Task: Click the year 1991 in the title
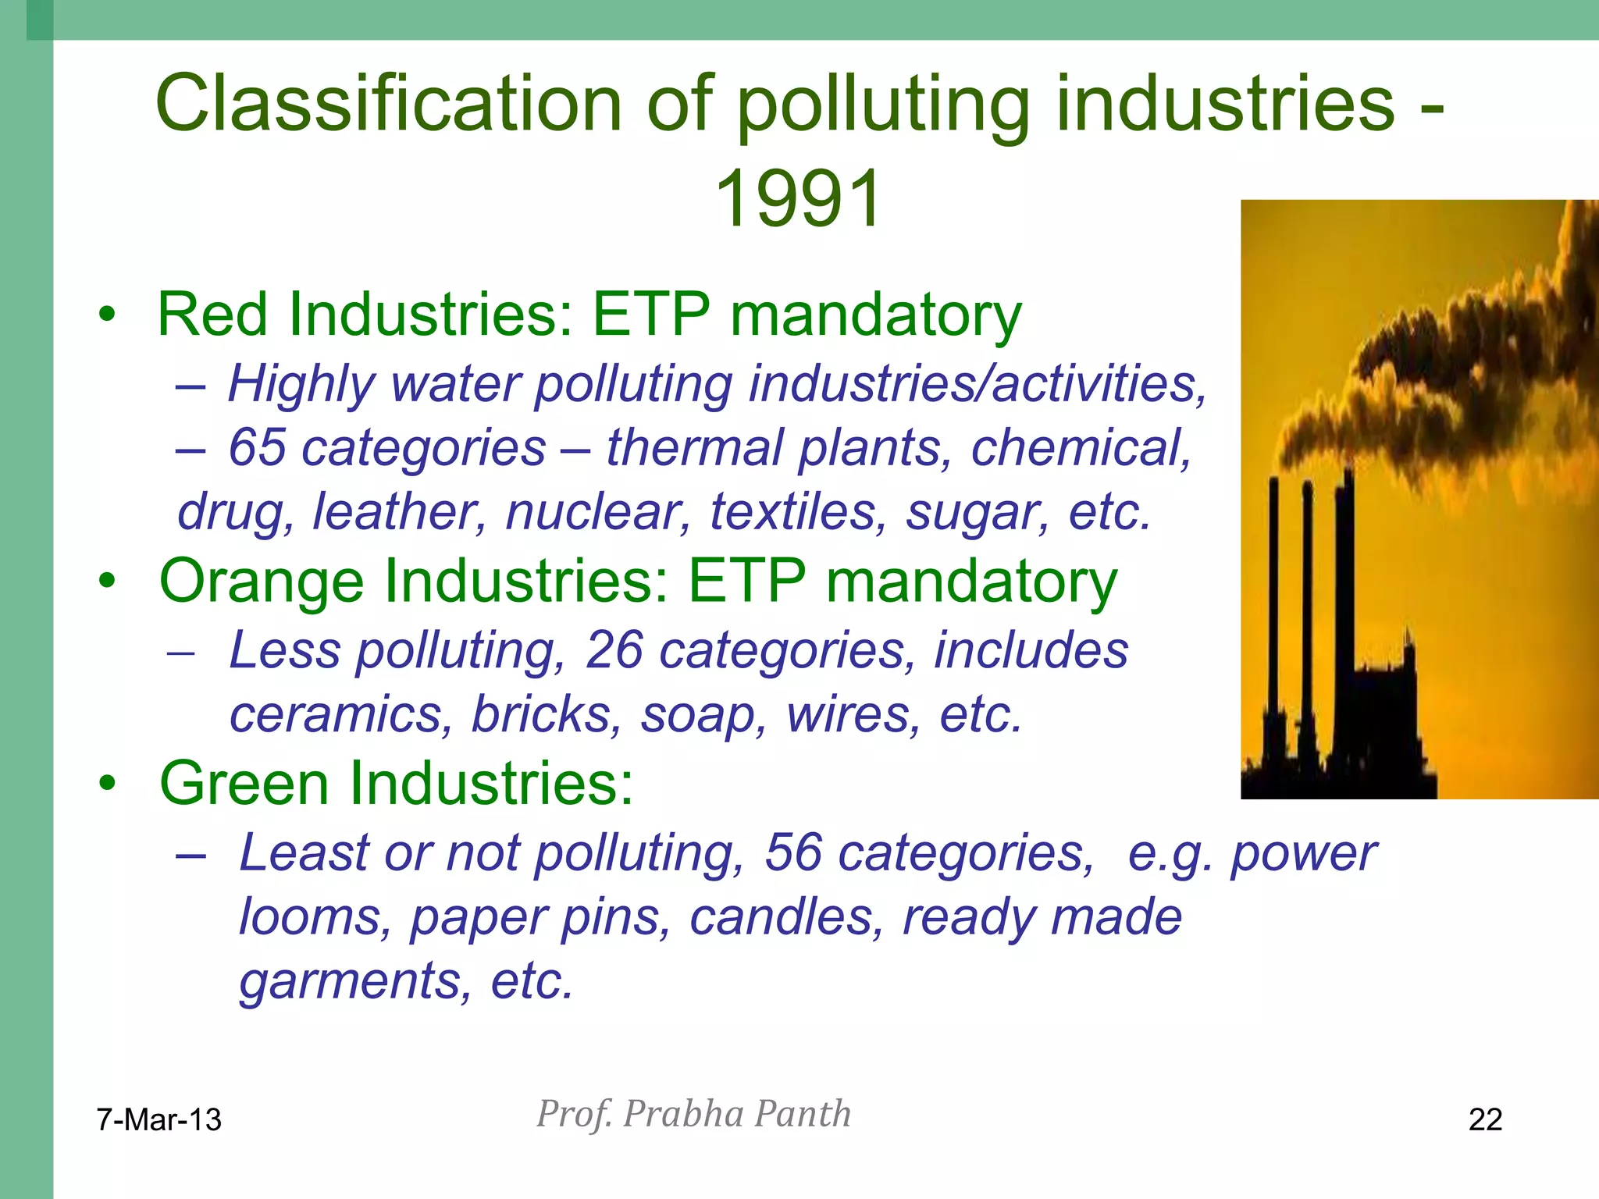point(798,199)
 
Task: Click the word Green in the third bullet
point(243,783)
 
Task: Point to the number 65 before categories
point(257,448)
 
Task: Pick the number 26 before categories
point(614,650)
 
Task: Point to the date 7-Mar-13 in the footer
point(158,1119)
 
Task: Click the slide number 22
point(1485,1119)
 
